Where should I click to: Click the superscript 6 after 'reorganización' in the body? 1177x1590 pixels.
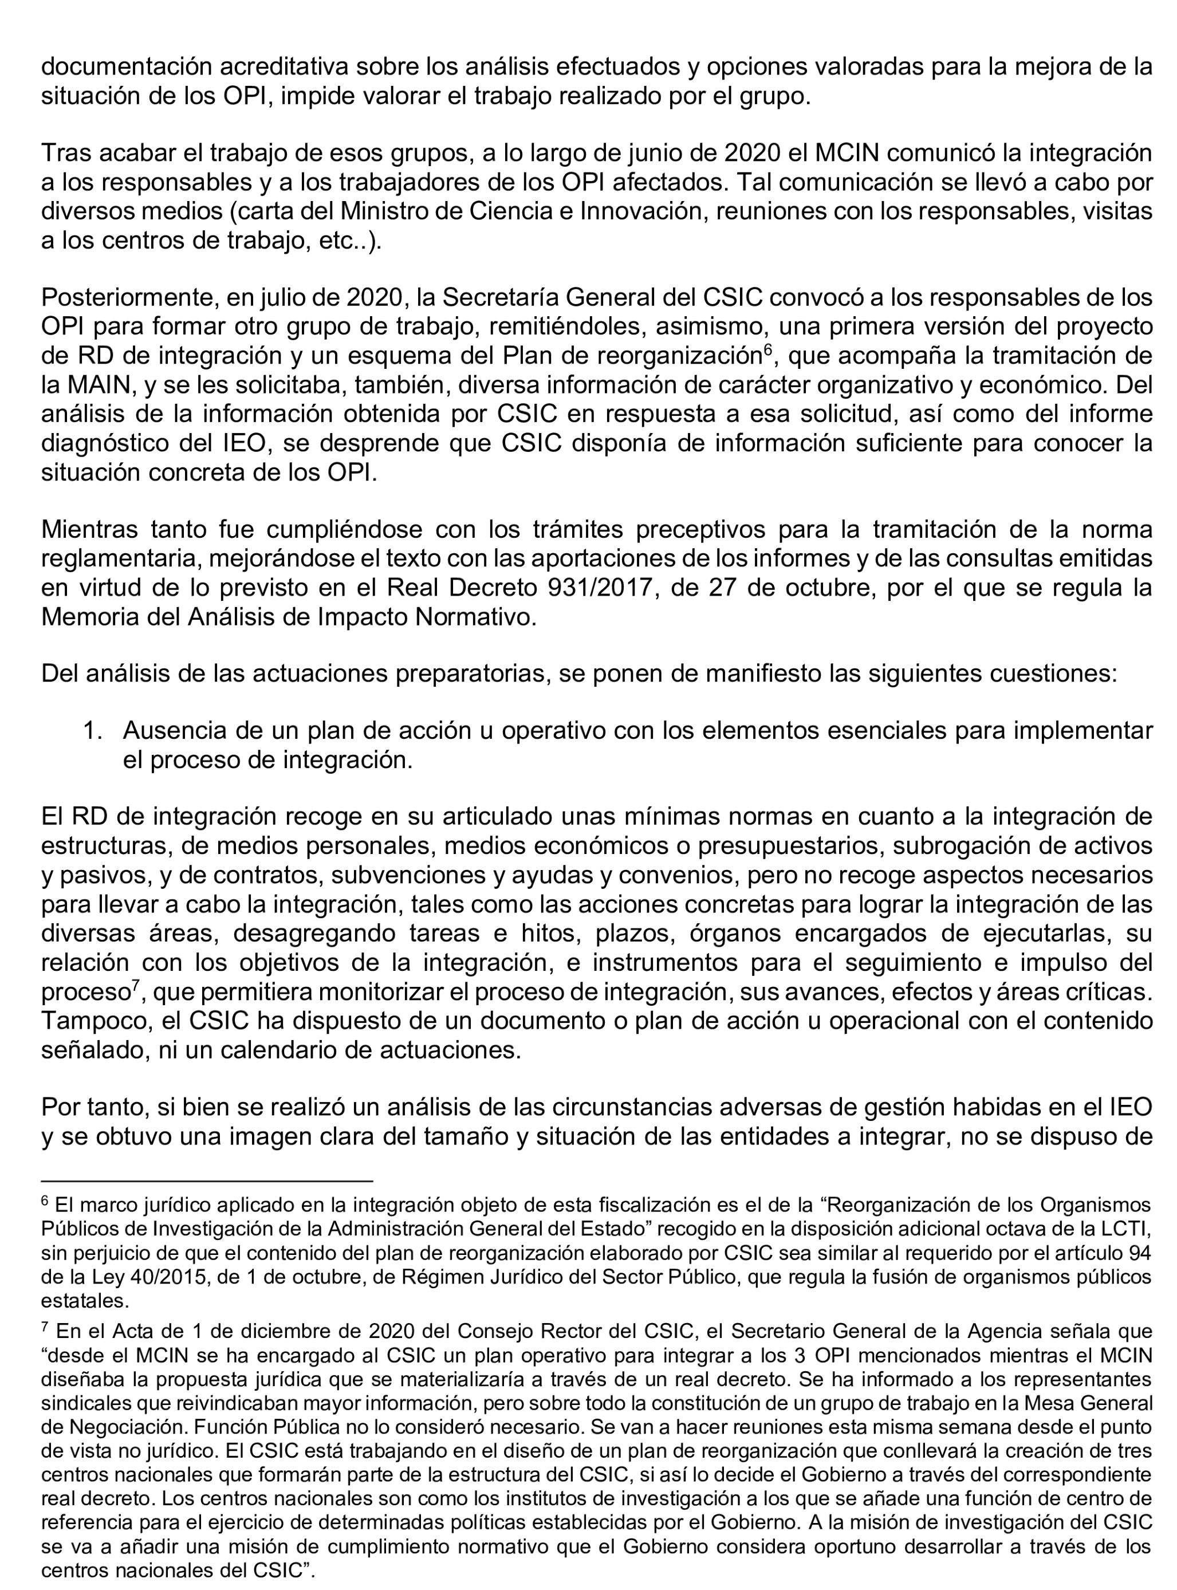767,349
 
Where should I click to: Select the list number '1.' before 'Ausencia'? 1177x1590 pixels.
93,730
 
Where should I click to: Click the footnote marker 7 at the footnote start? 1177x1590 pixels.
45,1328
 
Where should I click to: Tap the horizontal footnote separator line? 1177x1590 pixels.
207,1180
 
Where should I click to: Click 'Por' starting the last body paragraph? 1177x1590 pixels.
59,1107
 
